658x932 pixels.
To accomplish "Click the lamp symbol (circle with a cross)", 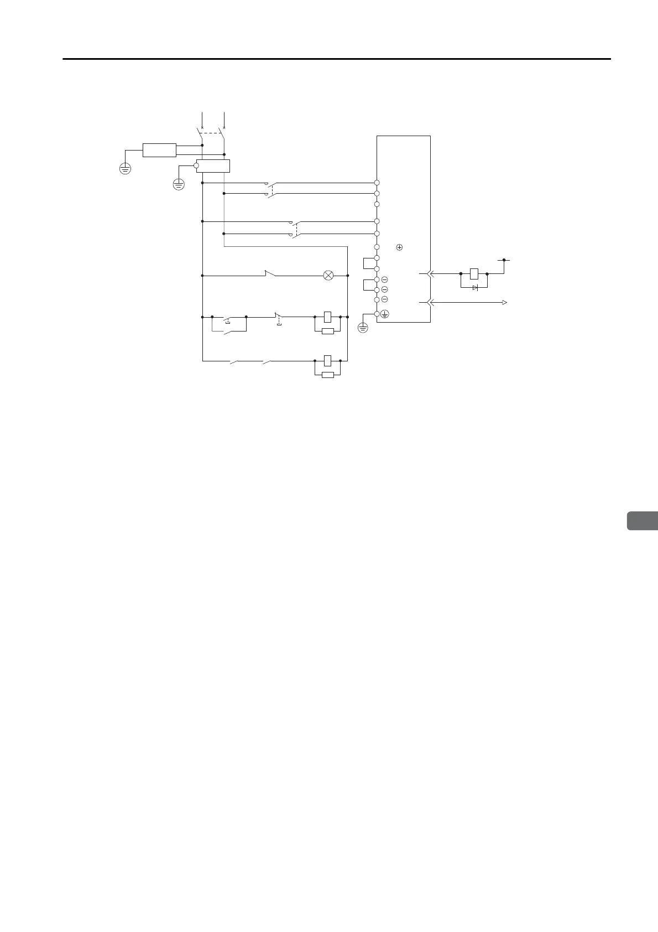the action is coord(328,275).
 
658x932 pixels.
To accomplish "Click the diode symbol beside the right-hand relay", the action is coord(475,288).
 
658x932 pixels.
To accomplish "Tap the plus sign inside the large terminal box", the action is coord(399,247).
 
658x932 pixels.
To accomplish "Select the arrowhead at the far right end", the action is coord(504,302).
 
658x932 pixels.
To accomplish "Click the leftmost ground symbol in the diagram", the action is coord(125,169).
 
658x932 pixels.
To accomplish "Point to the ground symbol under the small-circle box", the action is coord(179,185).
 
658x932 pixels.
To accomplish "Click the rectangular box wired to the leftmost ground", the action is coord(159,149).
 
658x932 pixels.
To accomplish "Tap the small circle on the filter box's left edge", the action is coord(196,165).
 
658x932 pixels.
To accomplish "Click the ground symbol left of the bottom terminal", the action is coord(363,328).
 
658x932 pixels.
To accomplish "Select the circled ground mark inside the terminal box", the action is coord(385,314).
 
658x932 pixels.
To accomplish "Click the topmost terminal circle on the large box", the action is coord(377,182).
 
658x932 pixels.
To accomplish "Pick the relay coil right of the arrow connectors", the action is coord(474,273).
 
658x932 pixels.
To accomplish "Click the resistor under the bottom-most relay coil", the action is coord(328,375).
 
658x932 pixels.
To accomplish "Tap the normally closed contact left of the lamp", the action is coord(269,274).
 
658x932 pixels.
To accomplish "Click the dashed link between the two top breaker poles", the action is coord(213,133).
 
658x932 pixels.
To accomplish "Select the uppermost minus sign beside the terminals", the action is coord(385,279).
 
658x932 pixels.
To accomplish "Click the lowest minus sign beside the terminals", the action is coord(385,299).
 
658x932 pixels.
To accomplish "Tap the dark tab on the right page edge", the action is coord(643,521).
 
